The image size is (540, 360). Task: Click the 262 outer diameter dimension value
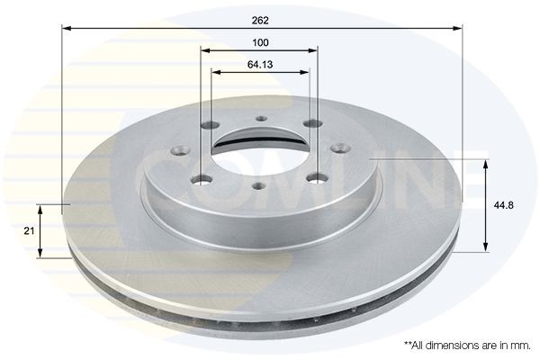pyautogui.click(x=260, y=19)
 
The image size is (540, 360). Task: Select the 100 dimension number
pyautogui.click(x=260, y=42)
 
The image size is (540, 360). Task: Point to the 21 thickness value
pyautogui.click(x=28, y=231)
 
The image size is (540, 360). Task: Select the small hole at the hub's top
pyautogui.click(x=261, y=118)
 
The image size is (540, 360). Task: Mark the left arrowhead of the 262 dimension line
pyautogui.click(x=66, y=29)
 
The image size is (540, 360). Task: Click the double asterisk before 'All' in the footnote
pyautogui.click(x=408, y=344)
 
